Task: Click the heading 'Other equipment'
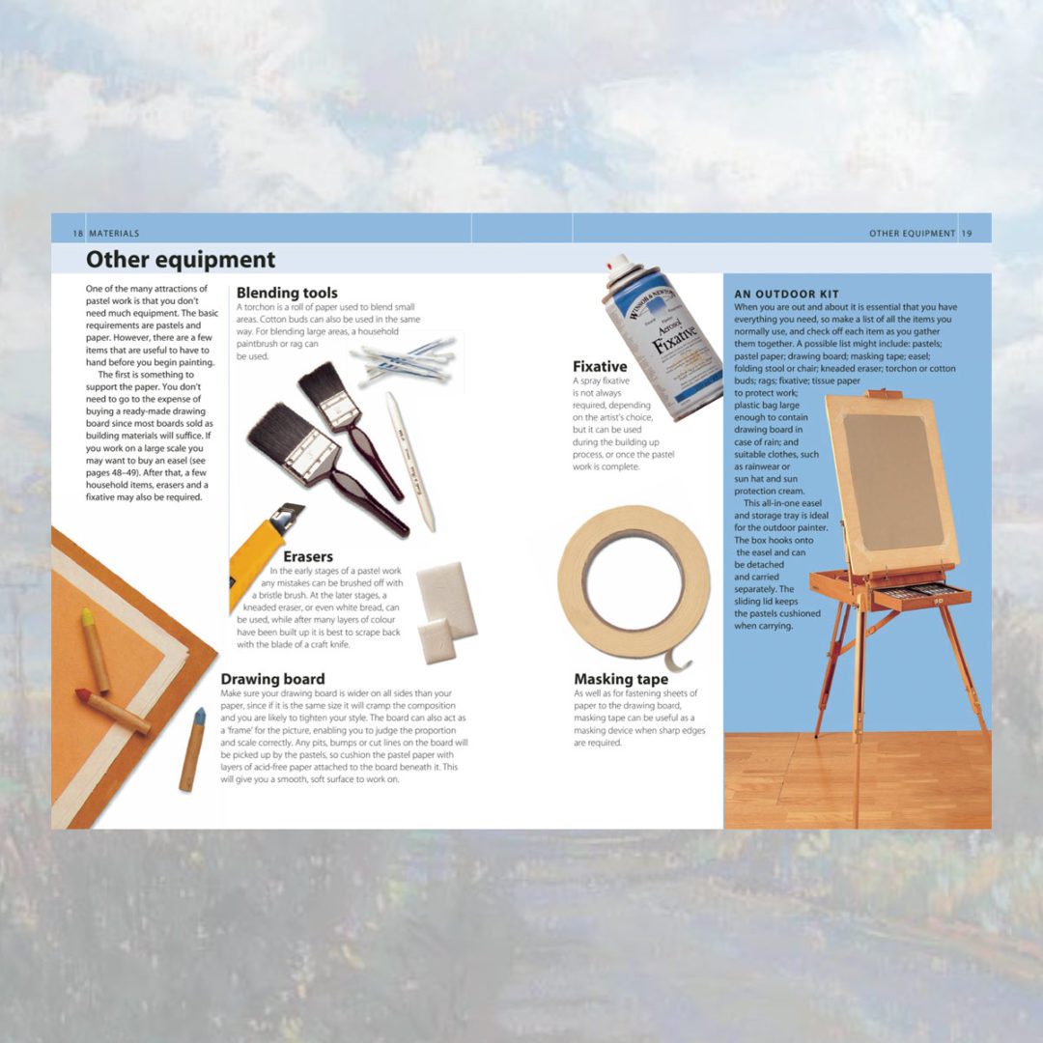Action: (181, 260)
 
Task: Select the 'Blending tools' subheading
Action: (287, 293)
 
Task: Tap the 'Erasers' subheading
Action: (308, 556)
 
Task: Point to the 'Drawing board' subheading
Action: (272, 679)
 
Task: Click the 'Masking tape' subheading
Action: (621, 679)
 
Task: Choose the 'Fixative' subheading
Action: (600, 367)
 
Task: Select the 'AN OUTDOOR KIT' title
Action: (787, 294)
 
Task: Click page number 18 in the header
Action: (78, 234)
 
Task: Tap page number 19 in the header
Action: (967, 234)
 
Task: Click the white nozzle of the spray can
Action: (618, 262)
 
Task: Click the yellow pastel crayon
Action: (95, 650)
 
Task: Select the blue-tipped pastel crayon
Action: (192, 749)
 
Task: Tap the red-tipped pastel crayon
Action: (112, 711)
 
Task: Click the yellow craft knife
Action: (263, 552)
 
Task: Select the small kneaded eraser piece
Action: (437, 641)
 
